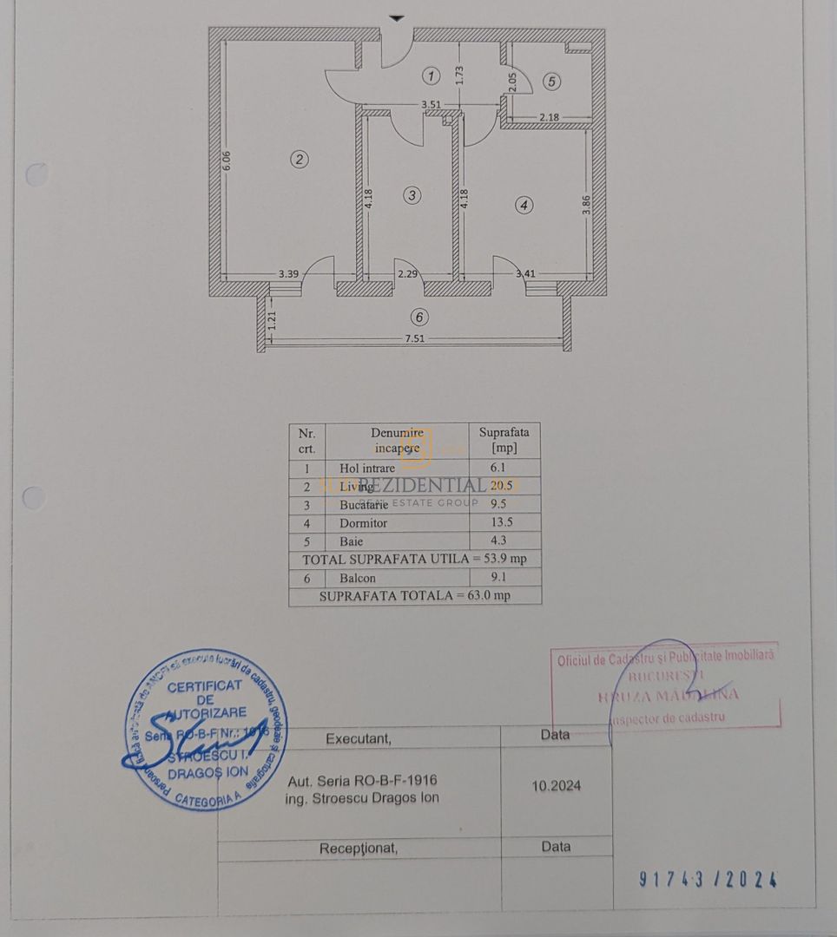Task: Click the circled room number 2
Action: tap(300, 159)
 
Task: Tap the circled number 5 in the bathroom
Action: tap(553, 82)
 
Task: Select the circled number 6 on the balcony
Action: tap(420, 317)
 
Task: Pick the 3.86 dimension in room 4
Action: tap(586, 205)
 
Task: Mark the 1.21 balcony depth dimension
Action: tap(272, 324)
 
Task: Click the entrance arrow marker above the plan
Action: tap(397, 17)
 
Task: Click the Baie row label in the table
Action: tap(352, 541)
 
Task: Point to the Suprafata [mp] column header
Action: tap(504, 439)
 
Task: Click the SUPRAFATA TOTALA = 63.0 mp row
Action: tap(415, 596)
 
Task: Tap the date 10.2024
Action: tap(557, 786)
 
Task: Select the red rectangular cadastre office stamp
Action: tap(666, 685)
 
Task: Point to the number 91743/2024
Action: tap(708, 880)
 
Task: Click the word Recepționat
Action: tap(359, 849)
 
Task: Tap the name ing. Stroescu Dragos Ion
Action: tap(362, 798)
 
